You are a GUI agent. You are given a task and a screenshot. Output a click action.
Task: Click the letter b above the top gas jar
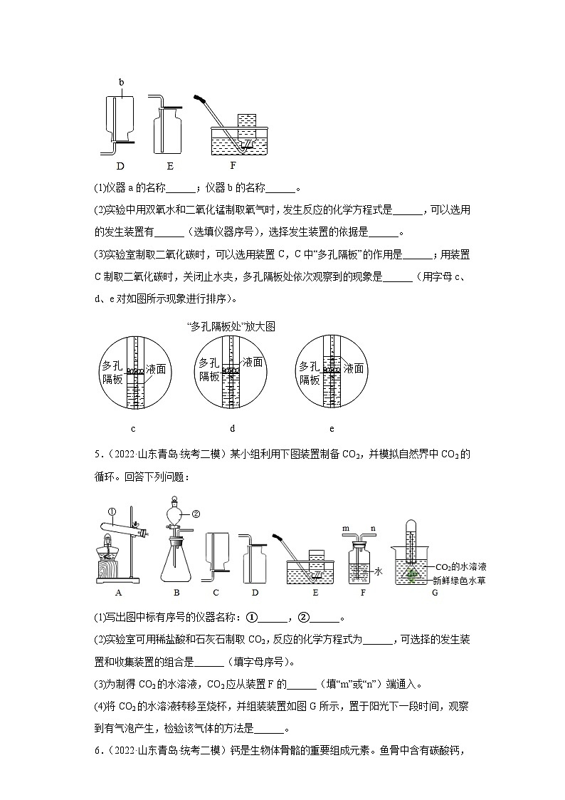tap(122, 82)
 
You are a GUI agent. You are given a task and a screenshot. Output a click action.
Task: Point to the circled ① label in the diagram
tap(112, 510)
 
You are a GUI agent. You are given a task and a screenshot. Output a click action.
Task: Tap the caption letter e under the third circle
tap(332, 428)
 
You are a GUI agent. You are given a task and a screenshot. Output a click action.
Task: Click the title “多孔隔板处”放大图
tap(229, 326)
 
